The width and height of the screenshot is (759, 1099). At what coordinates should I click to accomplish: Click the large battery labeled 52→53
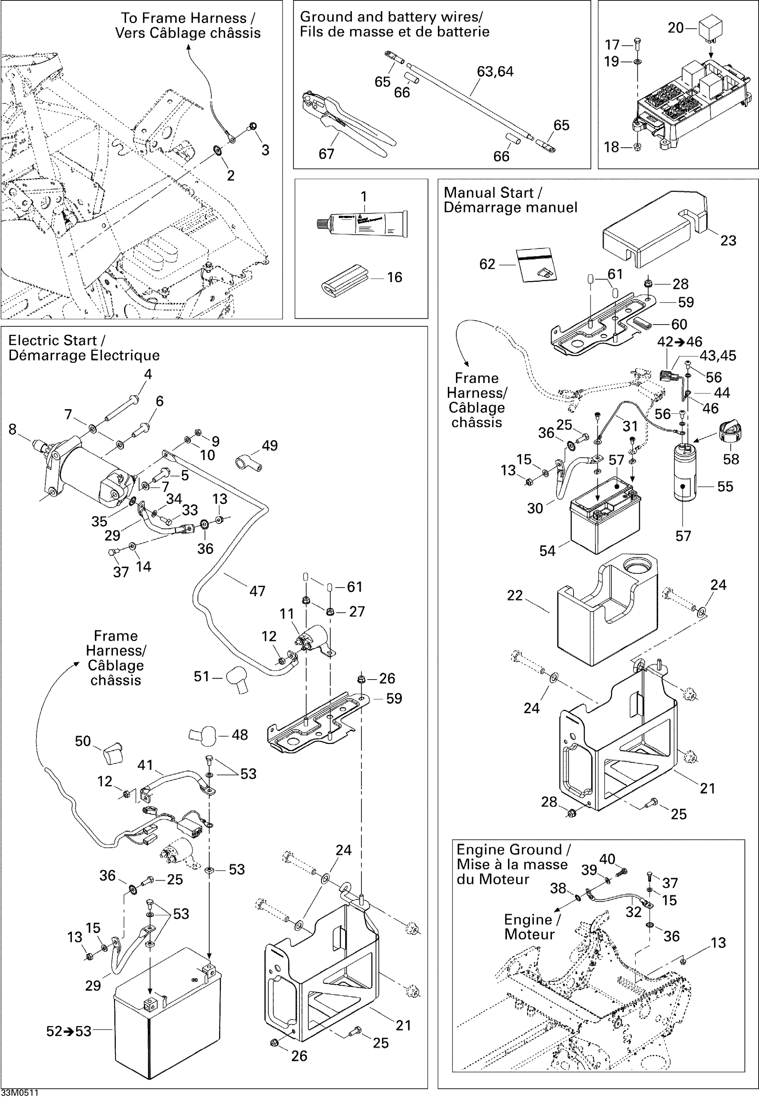tap(166, 1017)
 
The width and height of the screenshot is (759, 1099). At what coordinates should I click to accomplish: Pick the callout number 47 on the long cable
tap(257, 591)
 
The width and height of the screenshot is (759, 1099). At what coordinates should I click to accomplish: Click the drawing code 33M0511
tap(19, 1093)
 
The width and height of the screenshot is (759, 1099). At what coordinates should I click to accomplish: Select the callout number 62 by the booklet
tap(487, 264)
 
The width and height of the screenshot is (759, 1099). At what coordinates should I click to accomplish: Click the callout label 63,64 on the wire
tap(495, 71)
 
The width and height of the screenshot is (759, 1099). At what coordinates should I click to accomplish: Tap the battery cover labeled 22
tap(606, 618)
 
